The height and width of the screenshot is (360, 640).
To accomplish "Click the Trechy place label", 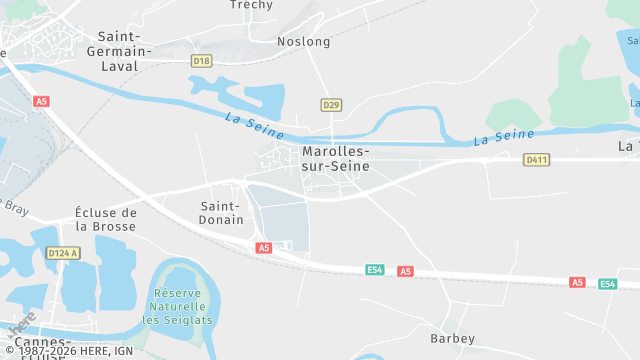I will click(251, 5).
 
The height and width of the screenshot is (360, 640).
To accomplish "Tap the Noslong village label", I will click(303, 41).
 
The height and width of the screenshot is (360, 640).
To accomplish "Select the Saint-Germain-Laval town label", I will click(119, 51).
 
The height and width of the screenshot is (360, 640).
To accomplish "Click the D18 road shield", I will click(202, 61).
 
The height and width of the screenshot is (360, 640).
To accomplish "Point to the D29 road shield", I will click(331, 105).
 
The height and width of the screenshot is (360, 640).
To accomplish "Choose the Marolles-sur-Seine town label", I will click(335, 158).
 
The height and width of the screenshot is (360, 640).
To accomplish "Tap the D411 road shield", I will click(536, 159).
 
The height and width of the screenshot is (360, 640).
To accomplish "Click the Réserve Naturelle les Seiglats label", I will click(179, 307).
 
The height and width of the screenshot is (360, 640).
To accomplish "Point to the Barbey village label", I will click(452, 339).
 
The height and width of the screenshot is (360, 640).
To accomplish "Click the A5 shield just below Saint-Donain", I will click(263, 247).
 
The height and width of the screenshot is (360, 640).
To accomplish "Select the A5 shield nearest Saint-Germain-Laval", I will click(41, 101).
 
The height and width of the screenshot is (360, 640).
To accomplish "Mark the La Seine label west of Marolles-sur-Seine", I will click(255, 126).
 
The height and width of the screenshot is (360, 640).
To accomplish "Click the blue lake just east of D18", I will click(262, 98).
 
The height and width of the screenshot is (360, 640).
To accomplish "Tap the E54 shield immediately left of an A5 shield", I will click(374, 270).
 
